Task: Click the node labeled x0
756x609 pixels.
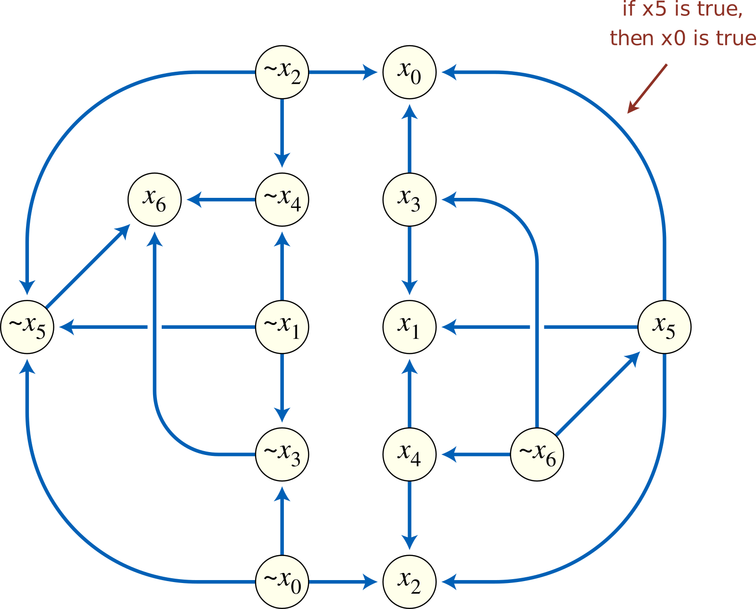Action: click(x=410, y=72)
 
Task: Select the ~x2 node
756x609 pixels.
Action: click(x=282, y=72)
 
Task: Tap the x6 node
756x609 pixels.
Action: click(x=154, y=199)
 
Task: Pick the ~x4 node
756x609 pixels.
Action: click(x=282, y=199)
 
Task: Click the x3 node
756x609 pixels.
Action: click(x=410, y=199)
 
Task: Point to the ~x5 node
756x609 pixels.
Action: click(x=27, y=327)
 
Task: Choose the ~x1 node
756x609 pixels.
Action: click(x=282, y=327)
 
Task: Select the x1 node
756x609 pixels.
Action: click(x=410, y=327)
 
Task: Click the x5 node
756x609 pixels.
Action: click(x=664, y=327)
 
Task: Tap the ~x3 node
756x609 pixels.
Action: click(x=282, y=454)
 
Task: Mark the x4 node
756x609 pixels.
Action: click(x=410, y=454)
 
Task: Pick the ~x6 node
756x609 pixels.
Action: click(x=537, y=454)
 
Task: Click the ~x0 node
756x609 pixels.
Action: click(x=282, y=582)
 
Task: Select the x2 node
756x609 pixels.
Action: click(x=410, y=582)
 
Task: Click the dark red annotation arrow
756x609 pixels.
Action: click(x=647, y=89)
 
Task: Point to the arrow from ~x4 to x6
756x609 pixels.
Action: click(x=221, y=199)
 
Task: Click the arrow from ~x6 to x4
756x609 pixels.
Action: click(x=476, y=454)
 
